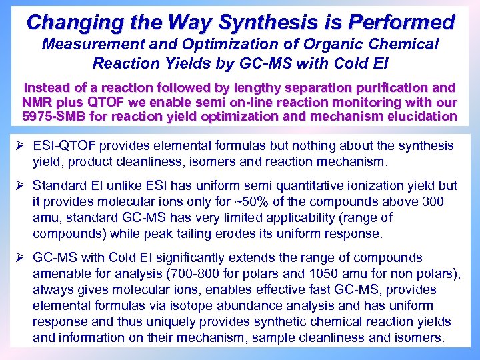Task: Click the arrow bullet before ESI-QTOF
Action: tap(21, 145)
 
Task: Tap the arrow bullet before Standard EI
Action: tap(21, 185)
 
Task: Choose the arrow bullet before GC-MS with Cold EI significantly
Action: tap(21, 257)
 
